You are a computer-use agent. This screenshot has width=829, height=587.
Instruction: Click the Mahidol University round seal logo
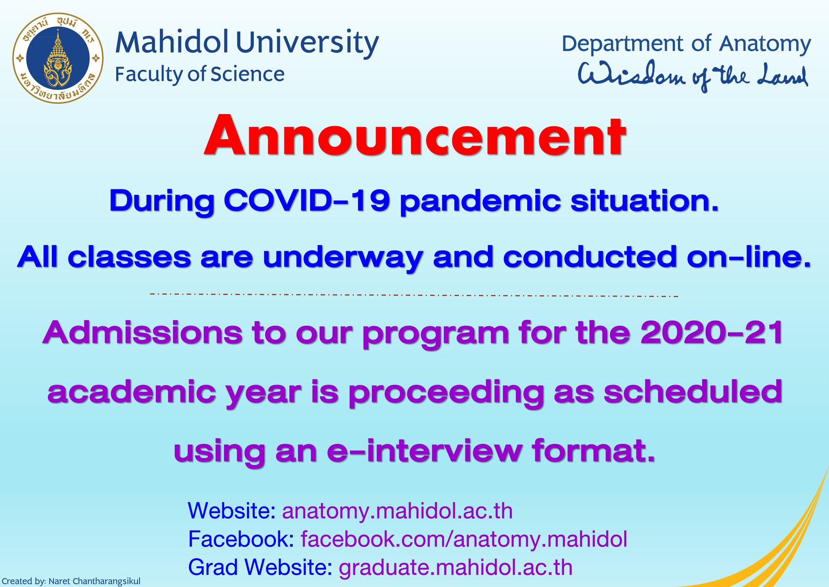click(58, 58)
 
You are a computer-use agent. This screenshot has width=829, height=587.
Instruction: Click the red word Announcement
click(414, 136)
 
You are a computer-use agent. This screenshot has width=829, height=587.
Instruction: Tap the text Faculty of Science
click(199, 74)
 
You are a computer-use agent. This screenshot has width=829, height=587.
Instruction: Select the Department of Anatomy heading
click(686, 44)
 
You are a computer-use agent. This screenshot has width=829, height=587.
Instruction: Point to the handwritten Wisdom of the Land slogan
click(693, 76)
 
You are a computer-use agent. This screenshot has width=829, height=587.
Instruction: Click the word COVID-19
click(307, 201)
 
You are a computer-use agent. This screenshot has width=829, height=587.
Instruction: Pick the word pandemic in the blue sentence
click(480, 202)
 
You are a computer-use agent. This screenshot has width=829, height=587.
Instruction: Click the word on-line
click(749, 257)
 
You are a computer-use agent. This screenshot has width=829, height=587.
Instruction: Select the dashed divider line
click(414, 295)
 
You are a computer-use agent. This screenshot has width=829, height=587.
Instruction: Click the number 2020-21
click(712, 333)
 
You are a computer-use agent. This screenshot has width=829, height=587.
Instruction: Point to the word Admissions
click(142, 333)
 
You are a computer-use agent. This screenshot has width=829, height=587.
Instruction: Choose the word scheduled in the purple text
click(693, 392)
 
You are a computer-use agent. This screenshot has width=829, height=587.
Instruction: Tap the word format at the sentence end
click(593, 450)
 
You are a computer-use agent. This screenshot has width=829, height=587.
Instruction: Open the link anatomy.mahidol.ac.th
click(397, 511)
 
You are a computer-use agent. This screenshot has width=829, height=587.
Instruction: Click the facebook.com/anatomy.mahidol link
click(464, 539)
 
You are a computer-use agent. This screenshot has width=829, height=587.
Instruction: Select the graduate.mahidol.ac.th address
click(456, 568)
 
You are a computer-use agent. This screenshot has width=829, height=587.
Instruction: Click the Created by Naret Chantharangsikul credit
click(71, 581)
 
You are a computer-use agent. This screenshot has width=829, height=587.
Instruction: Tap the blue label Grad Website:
click(260, 568)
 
